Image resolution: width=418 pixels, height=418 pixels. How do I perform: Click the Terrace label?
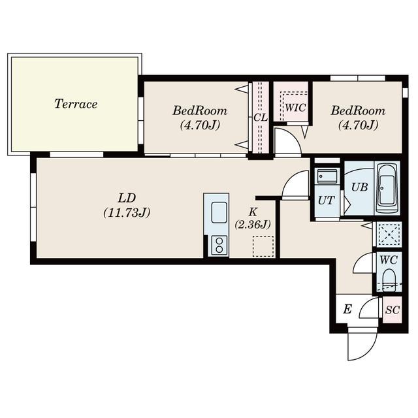[x=76, y=104]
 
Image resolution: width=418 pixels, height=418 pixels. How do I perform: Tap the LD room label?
[x=127, y=198]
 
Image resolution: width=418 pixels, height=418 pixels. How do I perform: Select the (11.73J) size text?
[x=127, y=212]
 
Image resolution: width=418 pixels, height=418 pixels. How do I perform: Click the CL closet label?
[x=261, y=118]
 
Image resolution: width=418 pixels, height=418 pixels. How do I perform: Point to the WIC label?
[x=295, y=108]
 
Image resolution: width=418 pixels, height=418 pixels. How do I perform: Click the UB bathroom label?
[x=360, y=187]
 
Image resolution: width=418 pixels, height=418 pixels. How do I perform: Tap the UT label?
[x=327, y=201]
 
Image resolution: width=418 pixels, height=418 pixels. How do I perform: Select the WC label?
[x=389, y=260]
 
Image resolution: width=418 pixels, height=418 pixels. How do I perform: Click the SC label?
[x=393, y=310]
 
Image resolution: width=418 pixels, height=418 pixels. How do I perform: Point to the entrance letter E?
[x=347, y=309]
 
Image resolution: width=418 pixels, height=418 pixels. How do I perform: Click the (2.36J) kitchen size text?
[x=253, y=225]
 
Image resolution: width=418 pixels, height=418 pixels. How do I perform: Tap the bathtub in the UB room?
[x=387, y=188]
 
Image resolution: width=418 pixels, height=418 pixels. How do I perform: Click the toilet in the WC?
[x=389, y=280]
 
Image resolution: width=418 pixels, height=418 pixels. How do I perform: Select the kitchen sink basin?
[x=219, y=212]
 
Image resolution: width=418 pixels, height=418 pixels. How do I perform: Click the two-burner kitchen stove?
[x=219, y=246]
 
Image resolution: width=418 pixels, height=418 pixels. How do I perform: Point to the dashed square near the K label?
[x=263, y=246]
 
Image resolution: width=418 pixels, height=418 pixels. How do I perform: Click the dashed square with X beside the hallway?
[x=389, y=234]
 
